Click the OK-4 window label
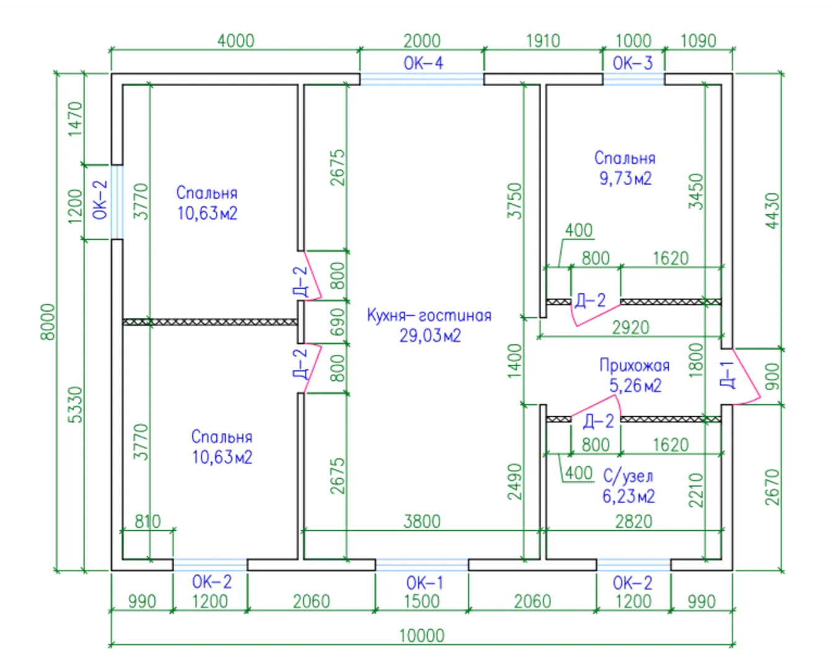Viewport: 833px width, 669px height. coord(423,63)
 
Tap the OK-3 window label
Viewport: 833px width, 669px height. coord(632,63)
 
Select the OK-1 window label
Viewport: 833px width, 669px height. coord(425,582)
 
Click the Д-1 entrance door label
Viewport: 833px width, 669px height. coord(726,374)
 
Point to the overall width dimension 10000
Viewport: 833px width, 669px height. coord(421,635)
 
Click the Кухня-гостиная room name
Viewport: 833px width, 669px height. coord(429,315)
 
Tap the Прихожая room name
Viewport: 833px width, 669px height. coord(634,365)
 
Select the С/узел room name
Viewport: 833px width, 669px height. coord(628,476)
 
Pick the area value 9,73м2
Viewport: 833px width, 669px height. coord(625,178)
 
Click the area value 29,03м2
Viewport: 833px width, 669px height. coord(430,336)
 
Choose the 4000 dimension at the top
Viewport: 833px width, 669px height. coord(236,41)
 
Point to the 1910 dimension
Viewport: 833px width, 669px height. coord(543,41)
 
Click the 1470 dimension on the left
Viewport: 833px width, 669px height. coord(74,119)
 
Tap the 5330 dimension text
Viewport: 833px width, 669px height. coord(74,404)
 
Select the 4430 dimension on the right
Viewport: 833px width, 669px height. coord(772,211)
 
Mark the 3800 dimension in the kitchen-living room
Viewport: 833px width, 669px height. coord(422,521)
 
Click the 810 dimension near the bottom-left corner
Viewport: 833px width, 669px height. coord(148,521)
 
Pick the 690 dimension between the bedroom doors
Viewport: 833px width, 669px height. coord(337,321)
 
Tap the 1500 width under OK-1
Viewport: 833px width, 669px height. coord(421,601)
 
